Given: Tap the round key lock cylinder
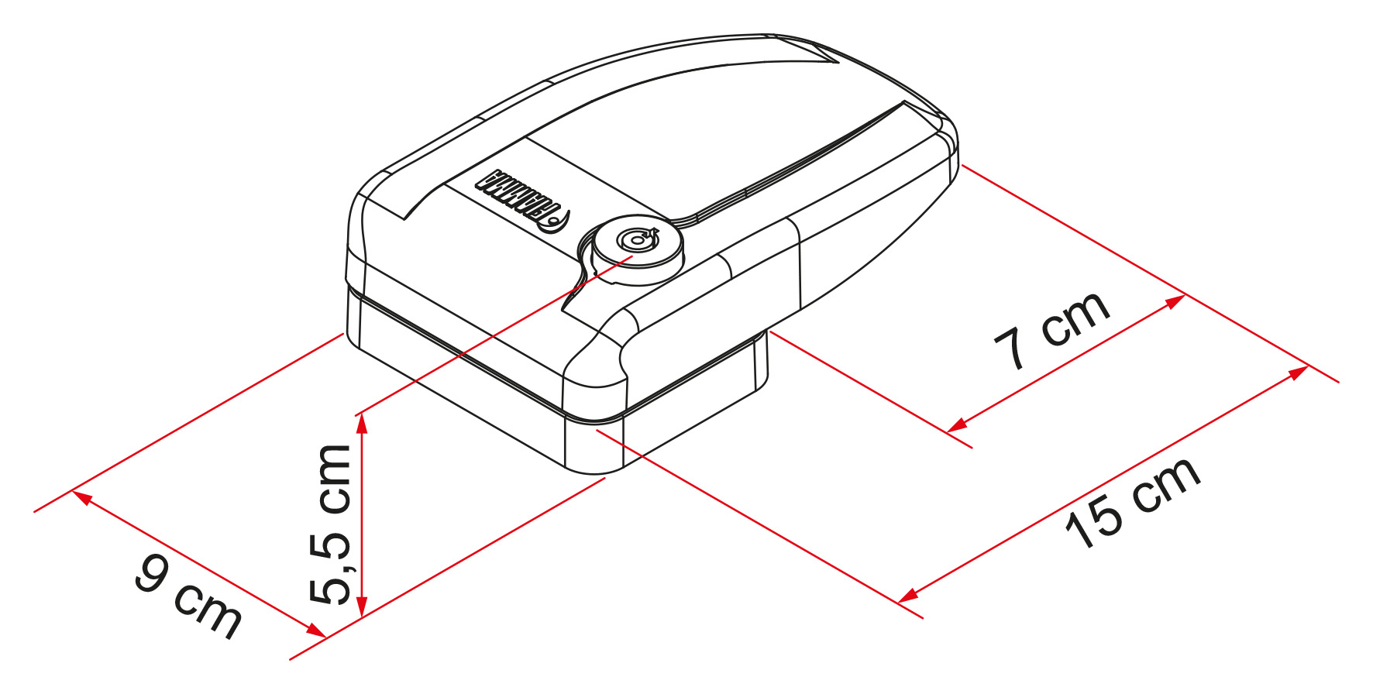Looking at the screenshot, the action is tap(637, 248).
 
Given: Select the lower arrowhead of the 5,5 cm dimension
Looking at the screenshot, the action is tap(361, 606).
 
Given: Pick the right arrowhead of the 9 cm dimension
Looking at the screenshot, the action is tap(315, 630).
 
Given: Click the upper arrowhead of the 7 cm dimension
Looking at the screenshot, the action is tap(1175, 301).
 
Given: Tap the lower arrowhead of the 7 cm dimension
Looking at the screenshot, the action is tap(958, 424).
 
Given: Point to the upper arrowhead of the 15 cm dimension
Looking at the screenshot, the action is tap(1298, 372).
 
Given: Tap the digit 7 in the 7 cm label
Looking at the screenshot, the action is tap(1012, 349).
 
